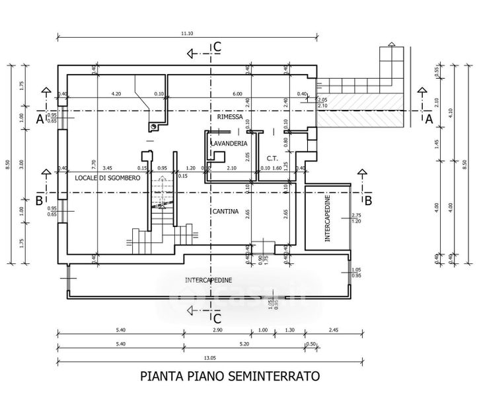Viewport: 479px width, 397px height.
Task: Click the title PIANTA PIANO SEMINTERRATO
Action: click(x=230, y=376)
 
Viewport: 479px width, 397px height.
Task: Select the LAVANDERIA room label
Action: click(x=229, y=143)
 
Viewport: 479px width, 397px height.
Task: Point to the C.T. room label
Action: click(x=271, y=158)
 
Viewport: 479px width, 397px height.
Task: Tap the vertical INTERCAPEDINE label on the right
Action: click(x=328, y=219)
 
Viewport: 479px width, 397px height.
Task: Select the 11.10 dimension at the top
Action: click(x=186, y=33)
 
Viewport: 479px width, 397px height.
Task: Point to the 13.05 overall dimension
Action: click(x=209, y=357)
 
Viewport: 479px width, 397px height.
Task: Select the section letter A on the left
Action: click(x=39, y=119)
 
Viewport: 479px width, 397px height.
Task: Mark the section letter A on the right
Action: click(x=428, y=119)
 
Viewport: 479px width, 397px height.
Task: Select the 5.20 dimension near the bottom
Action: click(x=242, y=343)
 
